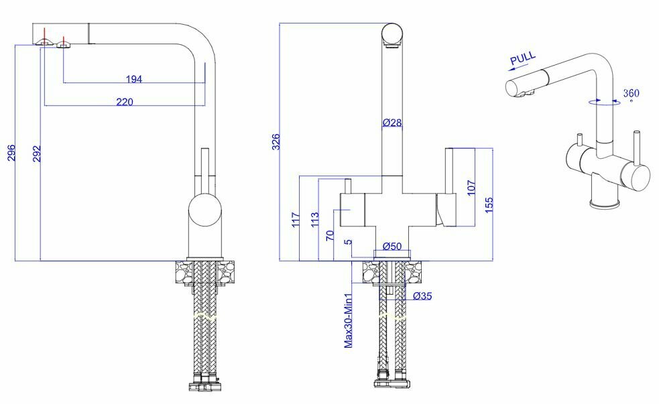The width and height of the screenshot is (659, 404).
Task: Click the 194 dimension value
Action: [x=134, y=79]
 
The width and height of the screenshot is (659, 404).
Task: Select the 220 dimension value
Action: [x=125, y=102]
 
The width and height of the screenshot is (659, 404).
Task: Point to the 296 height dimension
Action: [x=11, y=153]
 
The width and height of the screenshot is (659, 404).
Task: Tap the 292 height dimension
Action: [x=37, y=153]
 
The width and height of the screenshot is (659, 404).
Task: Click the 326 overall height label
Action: [x=276, y=142]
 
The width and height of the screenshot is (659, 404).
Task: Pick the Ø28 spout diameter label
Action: [x=392, y=123]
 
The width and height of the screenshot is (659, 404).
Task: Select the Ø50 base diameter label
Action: [x=392, y=246]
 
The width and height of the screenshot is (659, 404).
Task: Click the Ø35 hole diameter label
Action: [x=422, y=296]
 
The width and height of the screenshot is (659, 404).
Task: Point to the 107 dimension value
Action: [x=471, y=187]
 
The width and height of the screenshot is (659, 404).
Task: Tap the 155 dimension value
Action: [x=489, y=206]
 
